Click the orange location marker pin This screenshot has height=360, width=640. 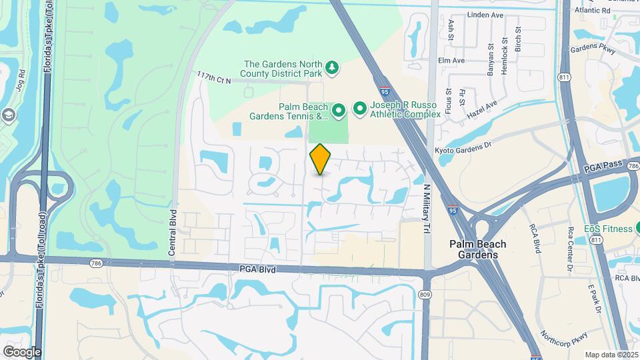point(321,159)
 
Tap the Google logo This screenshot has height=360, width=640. point(22,351)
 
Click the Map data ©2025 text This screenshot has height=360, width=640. point(611,355)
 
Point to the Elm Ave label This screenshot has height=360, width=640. point(451,60)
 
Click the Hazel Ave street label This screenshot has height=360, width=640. point(482,106)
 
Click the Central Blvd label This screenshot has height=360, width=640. point(171,233)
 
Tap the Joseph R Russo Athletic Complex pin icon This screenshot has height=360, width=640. point(360,108)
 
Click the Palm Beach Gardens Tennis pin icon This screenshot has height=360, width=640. point(339,109)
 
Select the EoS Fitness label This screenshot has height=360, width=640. point(608,229)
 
